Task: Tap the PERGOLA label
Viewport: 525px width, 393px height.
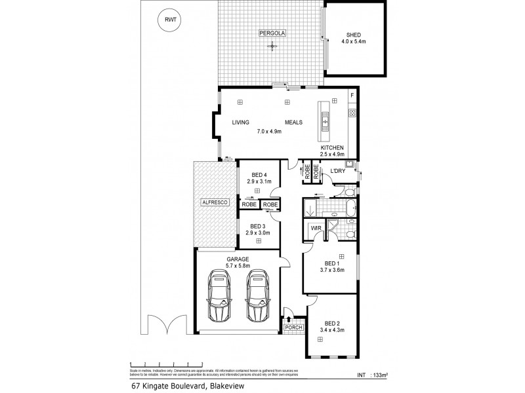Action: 273,32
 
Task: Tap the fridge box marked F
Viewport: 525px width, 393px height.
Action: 352,96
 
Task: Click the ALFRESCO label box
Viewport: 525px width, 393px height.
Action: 214,204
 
